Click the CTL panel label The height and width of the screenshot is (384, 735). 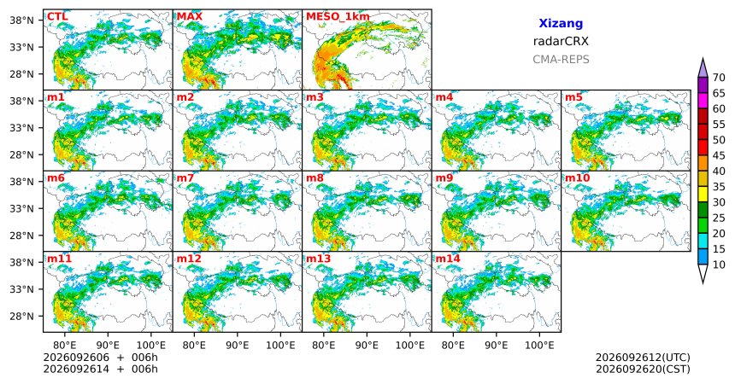(x=57, y=17)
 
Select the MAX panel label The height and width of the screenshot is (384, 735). (x=190, y=17)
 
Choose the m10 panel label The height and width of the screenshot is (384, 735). (x=577, y=178)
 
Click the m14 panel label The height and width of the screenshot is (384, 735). (x=448, y=259)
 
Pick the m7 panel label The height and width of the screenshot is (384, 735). (x=185, y=178)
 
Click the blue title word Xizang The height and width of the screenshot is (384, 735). (x=561, y=23)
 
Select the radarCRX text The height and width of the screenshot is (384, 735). (x=561, y=41)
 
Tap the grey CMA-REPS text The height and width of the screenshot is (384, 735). (x=561, y=60)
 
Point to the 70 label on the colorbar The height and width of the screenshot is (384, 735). (x=719, y=78)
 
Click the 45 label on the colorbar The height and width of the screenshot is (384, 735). (x=719, y=155)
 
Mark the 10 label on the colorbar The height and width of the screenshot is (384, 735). (x=719, y=265)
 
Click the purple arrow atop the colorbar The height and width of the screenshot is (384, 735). (x=703, y=68)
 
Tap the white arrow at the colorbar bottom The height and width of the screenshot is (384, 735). (x=703, y=273)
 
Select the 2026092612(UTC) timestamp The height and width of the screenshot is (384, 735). (x=643, y=358)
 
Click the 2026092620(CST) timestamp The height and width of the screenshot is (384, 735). (x=643, y=369)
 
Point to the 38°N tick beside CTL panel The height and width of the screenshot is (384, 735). (x=21, y=20)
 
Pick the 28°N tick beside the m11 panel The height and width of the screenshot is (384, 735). (x=21, y=316)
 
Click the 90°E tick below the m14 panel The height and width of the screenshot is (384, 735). (x=497, y=346)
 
